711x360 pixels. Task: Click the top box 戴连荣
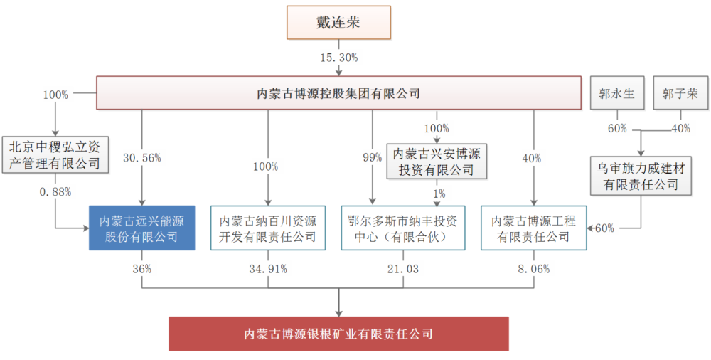[x=338, y=22]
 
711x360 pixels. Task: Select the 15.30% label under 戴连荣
[x=338, y=58]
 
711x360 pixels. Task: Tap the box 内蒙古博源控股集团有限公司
[x=338, y=93]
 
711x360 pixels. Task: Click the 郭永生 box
[x=617, y=93]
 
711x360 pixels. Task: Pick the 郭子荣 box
[x=680, y=93]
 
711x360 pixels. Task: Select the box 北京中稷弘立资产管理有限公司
[x=55, y=154]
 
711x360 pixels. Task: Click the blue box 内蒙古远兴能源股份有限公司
[x=142, y=228]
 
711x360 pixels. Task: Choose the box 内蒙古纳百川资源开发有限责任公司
[x=268, y=228]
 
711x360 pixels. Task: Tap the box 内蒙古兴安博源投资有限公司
[x=437, y=161]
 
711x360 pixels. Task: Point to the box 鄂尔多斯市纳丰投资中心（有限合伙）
[x=403, y=228]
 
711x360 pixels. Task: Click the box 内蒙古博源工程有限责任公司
[x=534, y=228]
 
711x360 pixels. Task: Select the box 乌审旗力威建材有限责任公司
[x=641, y=176]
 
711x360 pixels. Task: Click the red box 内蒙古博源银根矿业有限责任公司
[x=338, y=334]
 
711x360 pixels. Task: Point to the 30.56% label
[x=142, y=158]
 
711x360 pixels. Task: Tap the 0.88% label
[x=55, y=192]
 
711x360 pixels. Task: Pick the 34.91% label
[x=267, y=269]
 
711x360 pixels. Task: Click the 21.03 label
[x=403, y=269]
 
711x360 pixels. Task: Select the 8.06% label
[x=534, y=269]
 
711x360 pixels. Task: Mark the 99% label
[x=373, y=158]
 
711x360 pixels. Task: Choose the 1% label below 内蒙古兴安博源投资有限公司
[x=439, y=194]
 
